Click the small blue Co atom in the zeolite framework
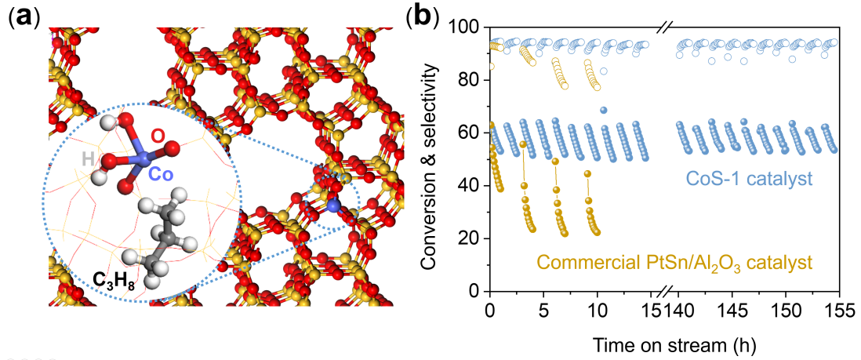point(335,205)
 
